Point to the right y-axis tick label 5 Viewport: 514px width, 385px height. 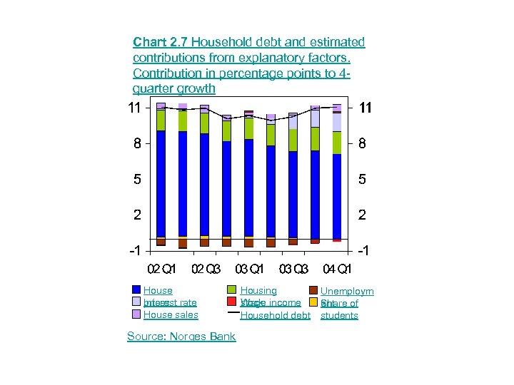362,180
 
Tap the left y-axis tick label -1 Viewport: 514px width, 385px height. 133,252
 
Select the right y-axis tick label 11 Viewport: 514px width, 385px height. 365,108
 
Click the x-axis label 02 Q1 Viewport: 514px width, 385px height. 161,269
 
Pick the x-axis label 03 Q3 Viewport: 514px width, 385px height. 293,269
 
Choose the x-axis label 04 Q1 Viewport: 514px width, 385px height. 337,269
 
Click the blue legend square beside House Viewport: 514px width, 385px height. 136,290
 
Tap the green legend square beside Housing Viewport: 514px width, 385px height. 232,290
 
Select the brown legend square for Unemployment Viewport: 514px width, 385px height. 313,290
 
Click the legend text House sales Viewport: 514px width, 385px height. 171,315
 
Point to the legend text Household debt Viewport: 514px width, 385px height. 276,315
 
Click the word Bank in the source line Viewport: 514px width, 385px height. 222,337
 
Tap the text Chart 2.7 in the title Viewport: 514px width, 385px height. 160,42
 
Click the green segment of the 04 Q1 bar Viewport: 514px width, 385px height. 337,143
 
